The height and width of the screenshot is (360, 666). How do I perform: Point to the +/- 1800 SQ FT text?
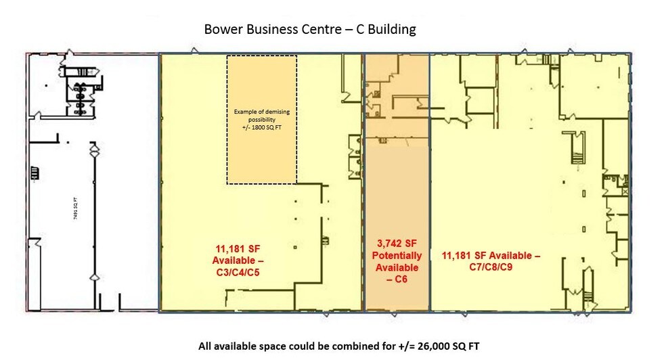tap(261, 126)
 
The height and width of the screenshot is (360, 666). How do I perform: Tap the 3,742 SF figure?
tap(397, 244)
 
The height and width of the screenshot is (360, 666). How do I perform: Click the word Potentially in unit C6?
tap(397, 255)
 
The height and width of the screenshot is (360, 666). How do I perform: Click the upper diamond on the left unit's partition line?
tap(94, 148)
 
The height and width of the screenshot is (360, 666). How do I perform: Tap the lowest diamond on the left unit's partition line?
tap(94, 277)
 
